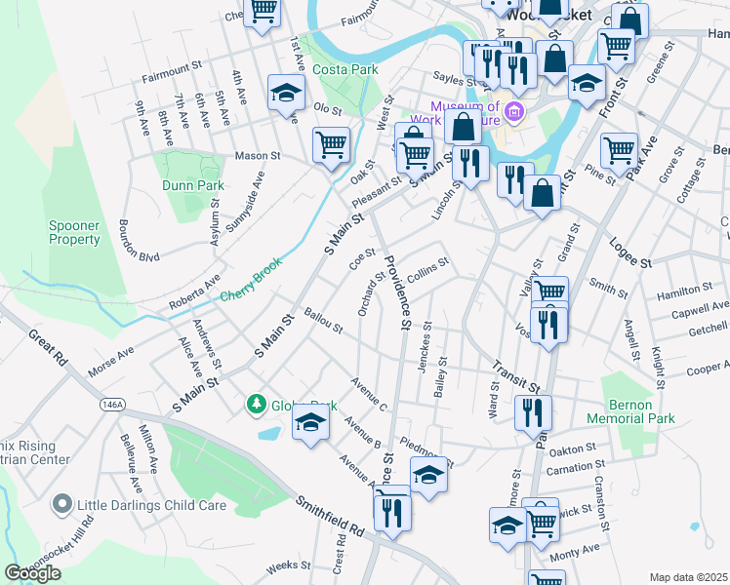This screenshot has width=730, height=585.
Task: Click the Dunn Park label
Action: click(193, 185)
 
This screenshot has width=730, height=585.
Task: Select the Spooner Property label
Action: click(75, 232)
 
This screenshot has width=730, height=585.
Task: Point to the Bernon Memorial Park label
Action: click(630, 418)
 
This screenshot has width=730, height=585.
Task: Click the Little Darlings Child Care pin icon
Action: click(62, 505)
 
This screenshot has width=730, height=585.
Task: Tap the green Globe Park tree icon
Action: click(257, 404)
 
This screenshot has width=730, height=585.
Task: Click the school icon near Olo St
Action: click(286, 93)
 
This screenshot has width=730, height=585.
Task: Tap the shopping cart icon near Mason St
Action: click(332, 145)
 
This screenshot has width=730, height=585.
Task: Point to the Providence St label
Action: click(397, 292)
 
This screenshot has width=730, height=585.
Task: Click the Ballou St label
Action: click(323, 321)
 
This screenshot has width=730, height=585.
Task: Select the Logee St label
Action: click(630, 255)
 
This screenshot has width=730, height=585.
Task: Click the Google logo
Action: click(32, 572)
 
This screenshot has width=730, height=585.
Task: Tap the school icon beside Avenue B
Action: click(310, 422)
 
